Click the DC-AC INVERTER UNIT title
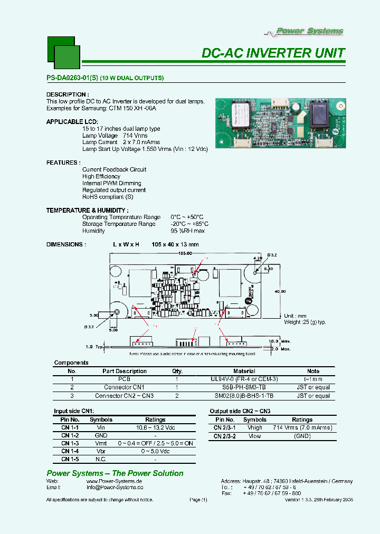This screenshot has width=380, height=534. (273, 53)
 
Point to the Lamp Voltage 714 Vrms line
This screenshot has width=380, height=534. (115, 136)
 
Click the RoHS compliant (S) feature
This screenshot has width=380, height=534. (108, 197)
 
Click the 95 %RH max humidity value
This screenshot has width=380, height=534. (187, 231)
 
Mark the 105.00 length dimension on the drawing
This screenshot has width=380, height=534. (185, 253)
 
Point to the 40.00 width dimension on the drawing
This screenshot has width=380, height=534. (280, 291)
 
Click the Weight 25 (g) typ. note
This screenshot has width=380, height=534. (306, 322)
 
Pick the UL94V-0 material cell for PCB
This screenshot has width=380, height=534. (244, 379)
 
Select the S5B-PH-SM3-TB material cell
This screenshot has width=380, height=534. (244, 387)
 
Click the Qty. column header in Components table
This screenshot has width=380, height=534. (177, 371)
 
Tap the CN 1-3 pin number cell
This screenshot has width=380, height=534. (70, 444)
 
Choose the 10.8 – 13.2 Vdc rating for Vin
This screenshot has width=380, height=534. (155, 428)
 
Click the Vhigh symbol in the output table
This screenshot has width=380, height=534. (254, 428)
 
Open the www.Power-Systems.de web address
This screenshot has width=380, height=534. (114, 482)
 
